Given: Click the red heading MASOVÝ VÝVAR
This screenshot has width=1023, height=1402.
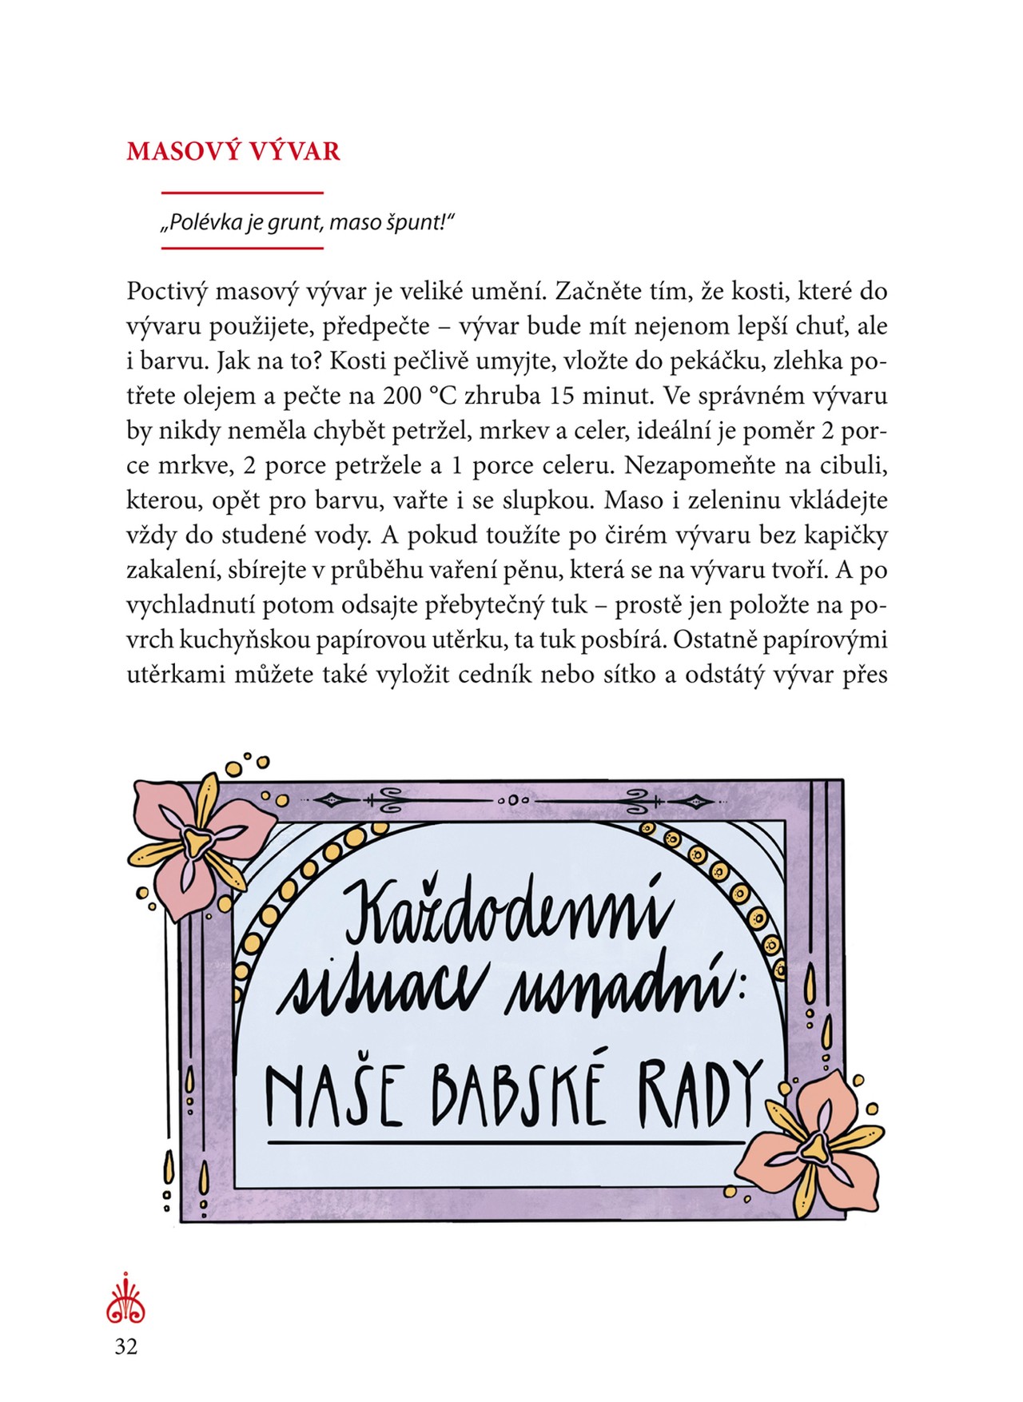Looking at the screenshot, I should coord(233,151).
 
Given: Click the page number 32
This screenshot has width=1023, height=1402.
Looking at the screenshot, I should coord(126,1347).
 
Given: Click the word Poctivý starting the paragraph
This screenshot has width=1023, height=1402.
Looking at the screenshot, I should coord(166,292).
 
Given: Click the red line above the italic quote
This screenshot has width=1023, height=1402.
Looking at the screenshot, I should coord(242,193).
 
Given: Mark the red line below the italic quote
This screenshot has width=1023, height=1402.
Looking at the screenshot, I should coord(242,248).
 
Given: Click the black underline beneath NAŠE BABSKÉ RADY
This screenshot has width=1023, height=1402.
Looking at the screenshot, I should coord(505,1143).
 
